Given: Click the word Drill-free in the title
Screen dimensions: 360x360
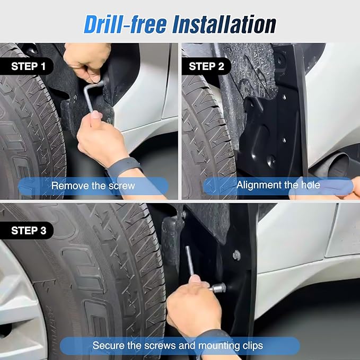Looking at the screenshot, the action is point(125,24).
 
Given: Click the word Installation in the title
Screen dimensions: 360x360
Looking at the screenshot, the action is point(225,24).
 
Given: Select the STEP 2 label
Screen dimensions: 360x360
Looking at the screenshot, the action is point(206,66).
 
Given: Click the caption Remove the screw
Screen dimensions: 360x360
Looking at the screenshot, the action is point(93,186).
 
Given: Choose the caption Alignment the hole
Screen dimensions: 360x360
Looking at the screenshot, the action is point(278,185).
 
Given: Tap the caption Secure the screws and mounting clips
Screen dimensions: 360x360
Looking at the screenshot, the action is point(178,346).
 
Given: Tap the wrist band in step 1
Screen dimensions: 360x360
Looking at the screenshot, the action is point(124,167).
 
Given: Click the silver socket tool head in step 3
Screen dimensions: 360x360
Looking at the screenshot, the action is point(218,288).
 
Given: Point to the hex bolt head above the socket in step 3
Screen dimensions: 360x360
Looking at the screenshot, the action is point(236,255).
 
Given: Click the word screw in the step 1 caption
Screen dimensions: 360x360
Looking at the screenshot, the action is point(122,186).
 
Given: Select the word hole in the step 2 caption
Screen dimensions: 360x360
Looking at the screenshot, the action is point(311,185).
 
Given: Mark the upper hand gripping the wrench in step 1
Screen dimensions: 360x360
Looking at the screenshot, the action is point(87,61).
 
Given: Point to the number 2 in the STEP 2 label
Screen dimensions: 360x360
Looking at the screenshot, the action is point(221,66).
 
